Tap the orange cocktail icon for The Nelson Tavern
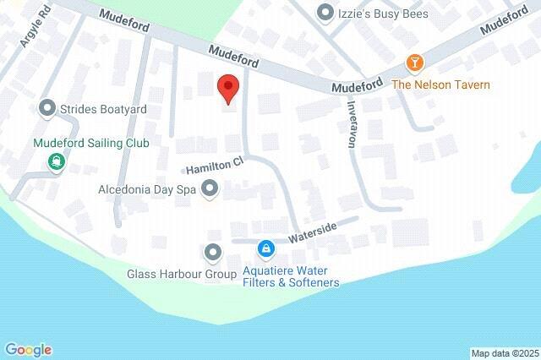pos(414,63)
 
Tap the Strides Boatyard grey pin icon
pos(47,108)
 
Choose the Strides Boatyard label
pos(103,109)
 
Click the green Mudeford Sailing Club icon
pos(57,161)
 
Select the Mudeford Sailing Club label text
pos(91,143)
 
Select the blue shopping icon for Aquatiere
pos(266,248)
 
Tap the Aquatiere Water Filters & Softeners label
pos(291,276)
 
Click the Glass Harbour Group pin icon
pos(212,252)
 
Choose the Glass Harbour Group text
pos(182,275)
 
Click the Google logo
pos(28,349)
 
